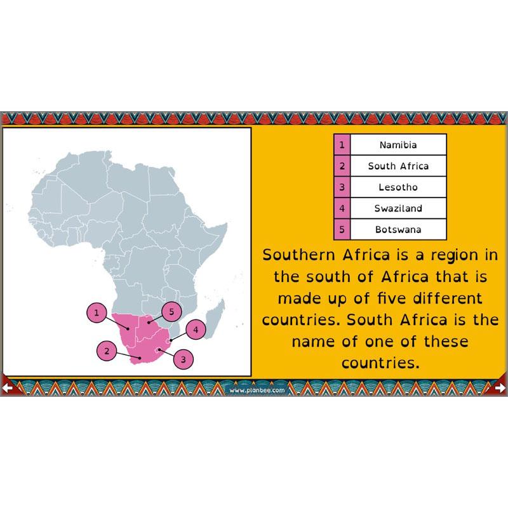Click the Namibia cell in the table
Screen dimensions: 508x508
398,145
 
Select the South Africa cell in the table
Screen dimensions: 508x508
398,166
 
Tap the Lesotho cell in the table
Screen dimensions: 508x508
398,187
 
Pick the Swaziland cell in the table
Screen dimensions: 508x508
398,208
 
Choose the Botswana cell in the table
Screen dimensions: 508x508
398,229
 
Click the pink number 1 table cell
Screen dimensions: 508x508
342,145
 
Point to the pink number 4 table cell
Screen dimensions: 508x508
342,208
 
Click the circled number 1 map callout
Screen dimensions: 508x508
96,312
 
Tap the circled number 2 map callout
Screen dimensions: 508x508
107,351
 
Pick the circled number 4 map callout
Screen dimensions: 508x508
196,330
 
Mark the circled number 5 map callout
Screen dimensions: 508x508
171,312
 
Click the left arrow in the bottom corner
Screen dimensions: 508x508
8,387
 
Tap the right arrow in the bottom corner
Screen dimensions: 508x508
500,387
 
